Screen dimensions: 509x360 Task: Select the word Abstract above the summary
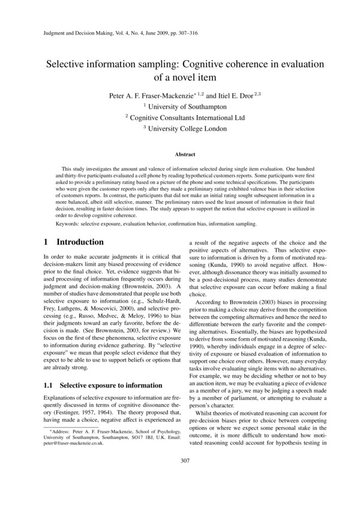(x=180, y=154)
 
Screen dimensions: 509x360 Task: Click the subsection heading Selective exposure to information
(x=104, y=368)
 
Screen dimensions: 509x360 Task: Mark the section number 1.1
(x=50, y=368)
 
